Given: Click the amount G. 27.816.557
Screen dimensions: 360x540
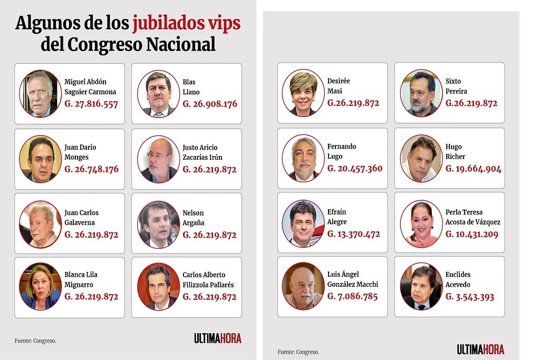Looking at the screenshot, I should [x=91, y=104].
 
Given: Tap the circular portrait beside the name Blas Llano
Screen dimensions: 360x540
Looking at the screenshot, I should [x=158, y=93].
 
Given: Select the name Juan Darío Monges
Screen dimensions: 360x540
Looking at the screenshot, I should [x=80, y=152].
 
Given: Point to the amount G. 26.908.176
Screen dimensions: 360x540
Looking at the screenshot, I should [x=210, y=104].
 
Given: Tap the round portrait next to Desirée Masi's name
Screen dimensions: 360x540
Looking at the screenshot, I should [x=303, y=93].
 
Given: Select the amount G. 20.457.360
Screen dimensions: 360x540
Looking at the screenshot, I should [x=355, y=169].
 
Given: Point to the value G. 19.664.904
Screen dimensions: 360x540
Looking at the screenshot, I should [x=474, y=169].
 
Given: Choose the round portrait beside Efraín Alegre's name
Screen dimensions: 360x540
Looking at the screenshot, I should [x=303, y=223].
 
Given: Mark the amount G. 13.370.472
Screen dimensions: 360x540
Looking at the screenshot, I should [x=354, y=234].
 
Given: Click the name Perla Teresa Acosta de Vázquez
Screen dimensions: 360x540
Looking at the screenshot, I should [x=472, y=217].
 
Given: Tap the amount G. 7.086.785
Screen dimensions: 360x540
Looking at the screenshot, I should [x=353, y=296].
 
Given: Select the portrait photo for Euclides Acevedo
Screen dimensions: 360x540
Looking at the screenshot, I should [x=421, y=286].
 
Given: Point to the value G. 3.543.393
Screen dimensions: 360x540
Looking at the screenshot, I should [x=470, y=297].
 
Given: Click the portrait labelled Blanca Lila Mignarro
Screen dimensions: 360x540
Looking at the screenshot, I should [x=40, y=287].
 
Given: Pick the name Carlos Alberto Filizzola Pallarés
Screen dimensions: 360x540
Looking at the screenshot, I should [x=208, y=280].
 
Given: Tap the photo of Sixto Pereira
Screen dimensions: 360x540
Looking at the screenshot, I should [x=421, y=93].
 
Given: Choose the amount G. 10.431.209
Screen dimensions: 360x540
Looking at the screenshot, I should [x=472, y=234].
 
